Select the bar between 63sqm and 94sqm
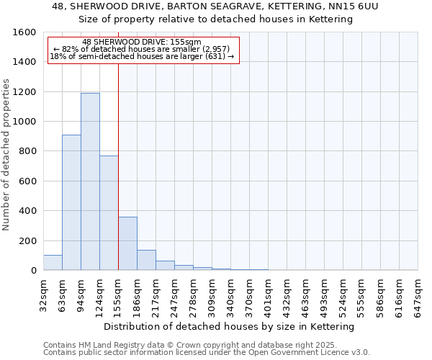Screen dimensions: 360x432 pos(71,202)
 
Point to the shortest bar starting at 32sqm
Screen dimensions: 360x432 pos(53,263)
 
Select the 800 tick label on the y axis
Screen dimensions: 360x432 pos(27,151)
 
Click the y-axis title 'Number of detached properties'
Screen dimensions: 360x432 pos(7,151)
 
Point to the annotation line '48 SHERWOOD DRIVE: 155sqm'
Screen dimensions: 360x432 pos(142,42)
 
